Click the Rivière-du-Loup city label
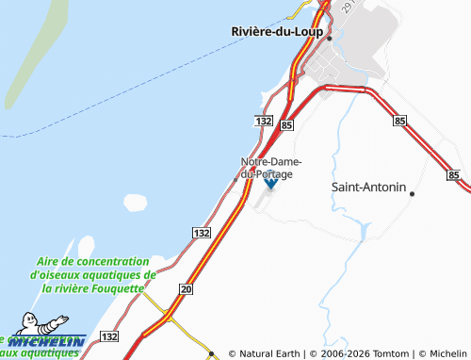pyautogui.click(x=277, y=31)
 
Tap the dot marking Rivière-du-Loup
pyautogui.click(x=329, y=38)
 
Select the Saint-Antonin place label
pyautogui.click(x=368, y=187)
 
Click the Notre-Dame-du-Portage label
pyautogui.click(x=271, y=168)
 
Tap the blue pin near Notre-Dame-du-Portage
pyautogui.click(x=270, y=183)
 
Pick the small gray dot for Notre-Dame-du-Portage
pyautogui.click(x=235, y=179)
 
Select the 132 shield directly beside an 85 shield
pyautogui.click(x=265, y=123)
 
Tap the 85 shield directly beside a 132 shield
pyautogui.click(x=286, y=123)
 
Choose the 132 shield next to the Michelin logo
pyautogui.click(x=109, y=336)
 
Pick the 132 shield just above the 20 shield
pyautogui.click(x=200, y=232)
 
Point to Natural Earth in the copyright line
pyautogui.click(x=268, y=353)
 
